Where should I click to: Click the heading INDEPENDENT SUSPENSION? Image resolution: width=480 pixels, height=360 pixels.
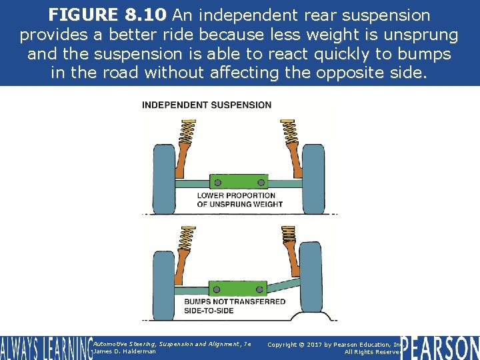[x=207, y=105]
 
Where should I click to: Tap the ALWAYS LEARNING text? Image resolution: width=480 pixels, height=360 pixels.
[x=45, y=347]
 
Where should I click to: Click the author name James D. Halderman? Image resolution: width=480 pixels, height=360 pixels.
[x=125, y=351]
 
